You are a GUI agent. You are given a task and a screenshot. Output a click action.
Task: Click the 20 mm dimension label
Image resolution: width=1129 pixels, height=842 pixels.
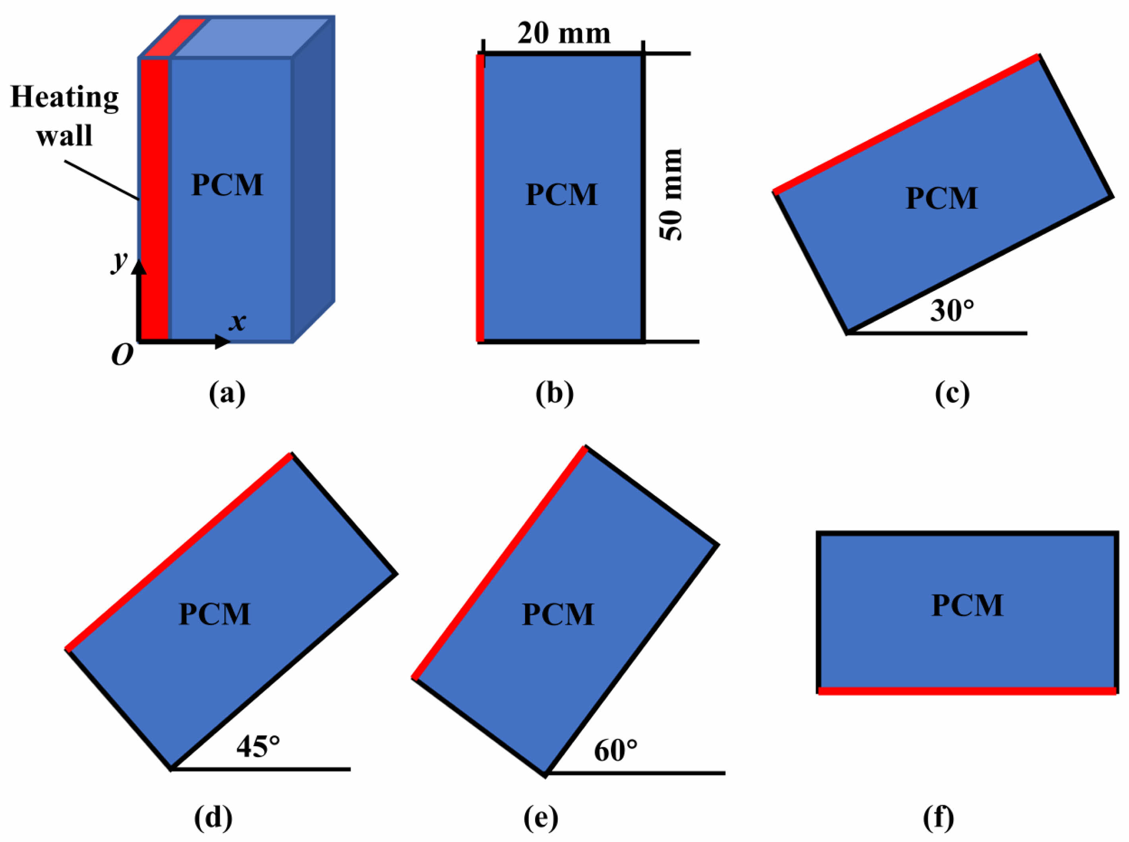pyautogui.click(x=563, y=35)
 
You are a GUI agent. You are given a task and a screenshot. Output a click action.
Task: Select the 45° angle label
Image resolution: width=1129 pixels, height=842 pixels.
pyautogui.click(x=258, y=747)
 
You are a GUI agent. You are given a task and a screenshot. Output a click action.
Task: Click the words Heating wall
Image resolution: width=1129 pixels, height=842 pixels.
pyautogui.click(x=64, y=116)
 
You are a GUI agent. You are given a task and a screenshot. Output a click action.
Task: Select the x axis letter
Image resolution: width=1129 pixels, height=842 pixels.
pyautogui.click(x=237, y=322)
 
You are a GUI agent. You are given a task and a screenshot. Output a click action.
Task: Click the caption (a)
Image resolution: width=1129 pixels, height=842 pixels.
pyautogui.click(x=227, y=394)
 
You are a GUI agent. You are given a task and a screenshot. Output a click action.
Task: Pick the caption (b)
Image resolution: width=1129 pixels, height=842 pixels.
pyautogui.click(x=554, y=394)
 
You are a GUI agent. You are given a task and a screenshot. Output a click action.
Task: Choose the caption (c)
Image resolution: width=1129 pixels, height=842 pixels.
pyautogui.click(x=952, y=394)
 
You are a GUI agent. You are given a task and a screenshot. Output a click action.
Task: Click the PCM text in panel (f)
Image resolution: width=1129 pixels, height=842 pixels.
pyautogui.click(x=967, y=605)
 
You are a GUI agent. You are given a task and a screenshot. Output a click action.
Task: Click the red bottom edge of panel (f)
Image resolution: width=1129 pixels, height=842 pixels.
pyautogui.click(x=967, y=691)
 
